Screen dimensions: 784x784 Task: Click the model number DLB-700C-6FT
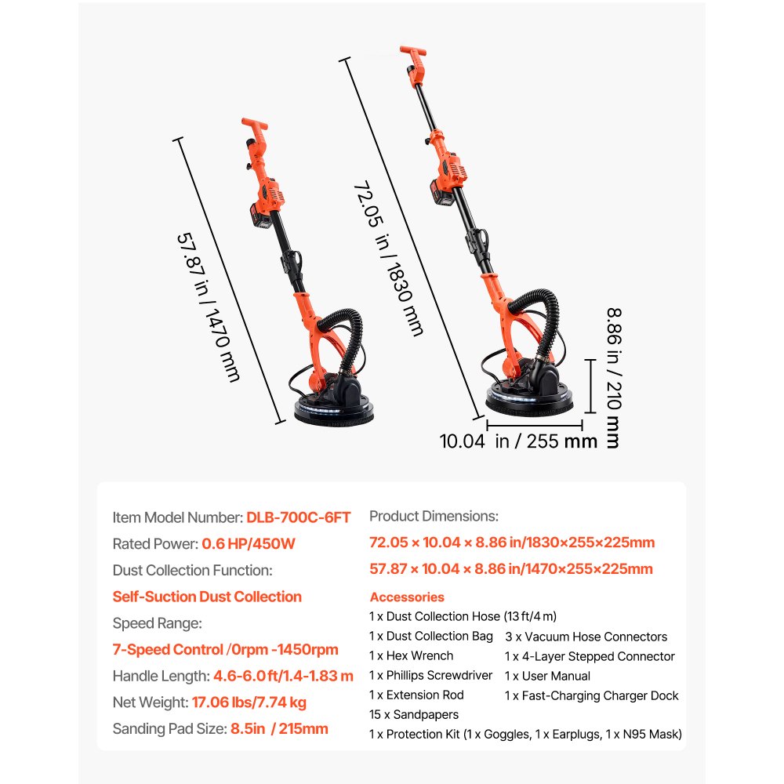[x=299, y=517]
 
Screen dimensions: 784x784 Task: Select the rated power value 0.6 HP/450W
[x=249, y=544]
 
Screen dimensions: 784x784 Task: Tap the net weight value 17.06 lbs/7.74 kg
[x=249, y=702]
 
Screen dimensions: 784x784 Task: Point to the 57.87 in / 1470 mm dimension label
[x=209, y=307]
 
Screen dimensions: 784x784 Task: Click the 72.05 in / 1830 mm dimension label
[x=389, y=259]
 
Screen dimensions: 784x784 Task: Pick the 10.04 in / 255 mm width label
[x=518, y=441]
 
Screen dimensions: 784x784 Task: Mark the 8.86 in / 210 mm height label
[x=614, y=378]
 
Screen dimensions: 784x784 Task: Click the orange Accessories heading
[x=407, y=597]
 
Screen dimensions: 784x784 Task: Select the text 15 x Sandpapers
[x=414, y=714]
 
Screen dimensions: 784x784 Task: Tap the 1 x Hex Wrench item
[x=412, y=655]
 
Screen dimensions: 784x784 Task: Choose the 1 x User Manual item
[x=547, y=676]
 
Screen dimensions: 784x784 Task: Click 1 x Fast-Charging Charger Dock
[x=591, y=696]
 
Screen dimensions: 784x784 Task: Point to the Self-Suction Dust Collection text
[x=207, y=597]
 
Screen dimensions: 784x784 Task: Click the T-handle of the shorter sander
[x=254, y=124]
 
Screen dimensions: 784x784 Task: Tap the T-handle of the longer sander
[x=413, y=50]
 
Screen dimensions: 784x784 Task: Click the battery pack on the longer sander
[x=442, y=194]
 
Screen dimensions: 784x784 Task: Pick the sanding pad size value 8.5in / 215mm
[x=279, y=729]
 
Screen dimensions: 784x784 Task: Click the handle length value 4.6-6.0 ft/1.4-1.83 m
[x=284, y=676]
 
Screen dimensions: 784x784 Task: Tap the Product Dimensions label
[x=434, y=517]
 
